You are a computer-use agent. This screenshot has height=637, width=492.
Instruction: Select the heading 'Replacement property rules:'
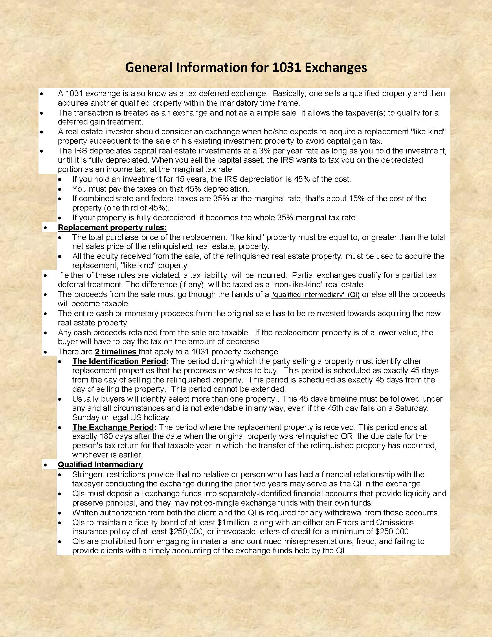[x=112, y=227]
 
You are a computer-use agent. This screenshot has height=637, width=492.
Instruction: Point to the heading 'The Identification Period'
[x=119, y=361]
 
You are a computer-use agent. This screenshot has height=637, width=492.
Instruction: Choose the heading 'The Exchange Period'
[x=113, y=427]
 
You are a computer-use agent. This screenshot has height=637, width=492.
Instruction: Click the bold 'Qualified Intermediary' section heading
[x=100, y=465]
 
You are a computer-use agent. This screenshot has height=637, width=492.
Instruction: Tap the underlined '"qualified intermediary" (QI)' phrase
[x=315, y=294]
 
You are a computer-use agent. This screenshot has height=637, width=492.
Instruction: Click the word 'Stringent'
[x=90, y=475]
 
